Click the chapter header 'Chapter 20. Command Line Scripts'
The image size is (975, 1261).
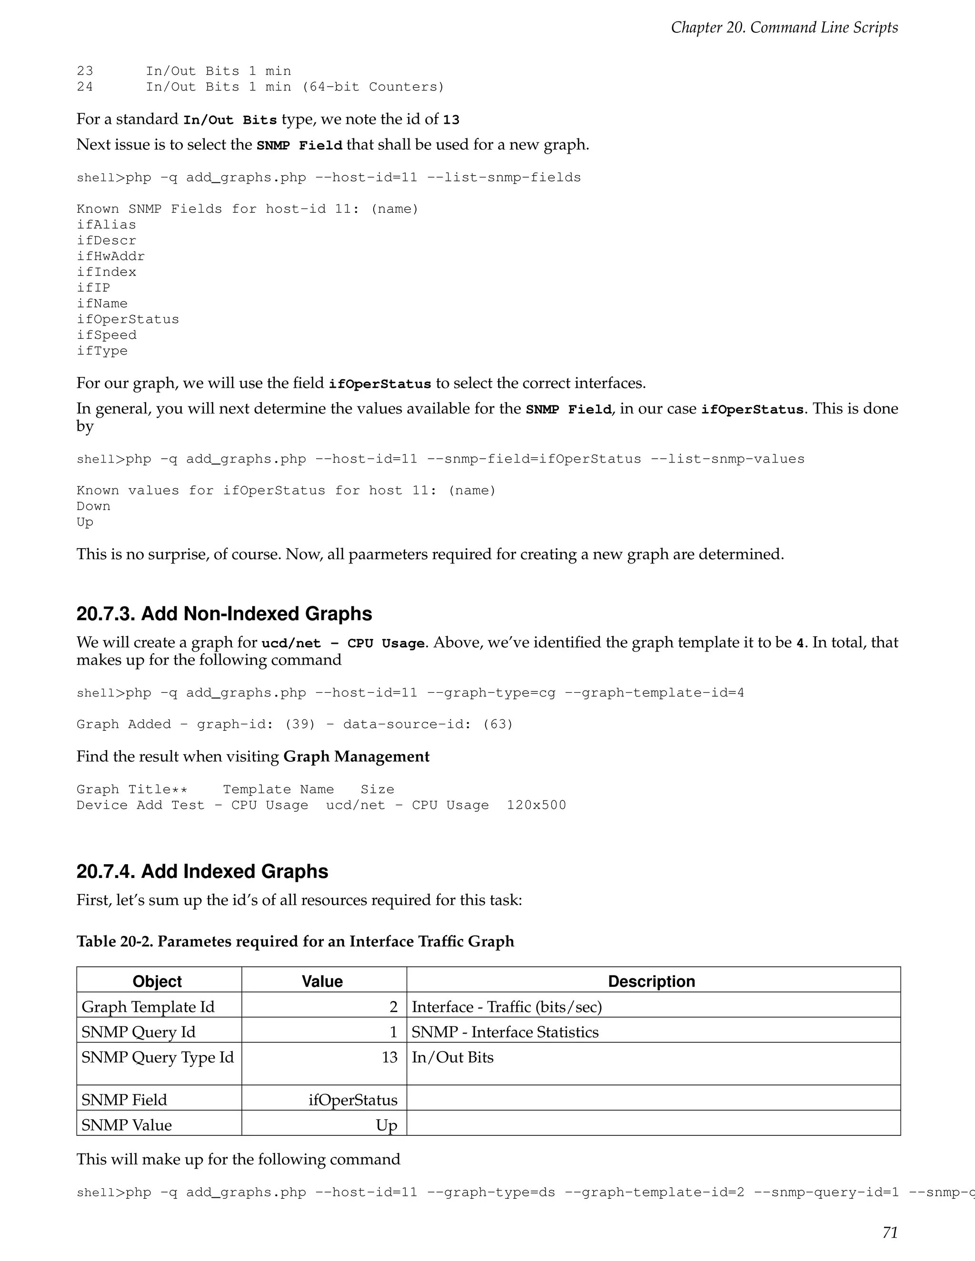pos(784,28)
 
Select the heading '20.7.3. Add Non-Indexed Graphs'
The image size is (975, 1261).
pos(224,613)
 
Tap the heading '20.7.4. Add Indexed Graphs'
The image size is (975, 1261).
pos(202,871)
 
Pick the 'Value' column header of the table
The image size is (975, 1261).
pos(322,981)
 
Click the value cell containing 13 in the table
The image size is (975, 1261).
pos(389,1057)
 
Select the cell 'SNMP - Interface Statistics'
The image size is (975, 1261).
pos(505,1032)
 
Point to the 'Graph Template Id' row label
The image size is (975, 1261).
pos(148,1007)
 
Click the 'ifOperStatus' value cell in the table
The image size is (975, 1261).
pos(352,1100)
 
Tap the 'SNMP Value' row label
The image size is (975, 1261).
pos(127,1125)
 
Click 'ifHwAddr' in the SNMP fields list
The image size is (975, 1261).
pos(110,256)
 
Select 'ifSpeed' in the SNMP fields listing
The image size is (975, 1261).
pos(106,335)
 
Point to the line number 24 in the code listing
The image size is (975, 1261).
pos(84,87)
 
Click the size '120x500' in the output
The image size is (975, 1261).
pos(536,806)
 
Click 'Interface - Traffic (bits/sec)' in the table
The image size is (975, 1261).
pos(507,1007)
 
